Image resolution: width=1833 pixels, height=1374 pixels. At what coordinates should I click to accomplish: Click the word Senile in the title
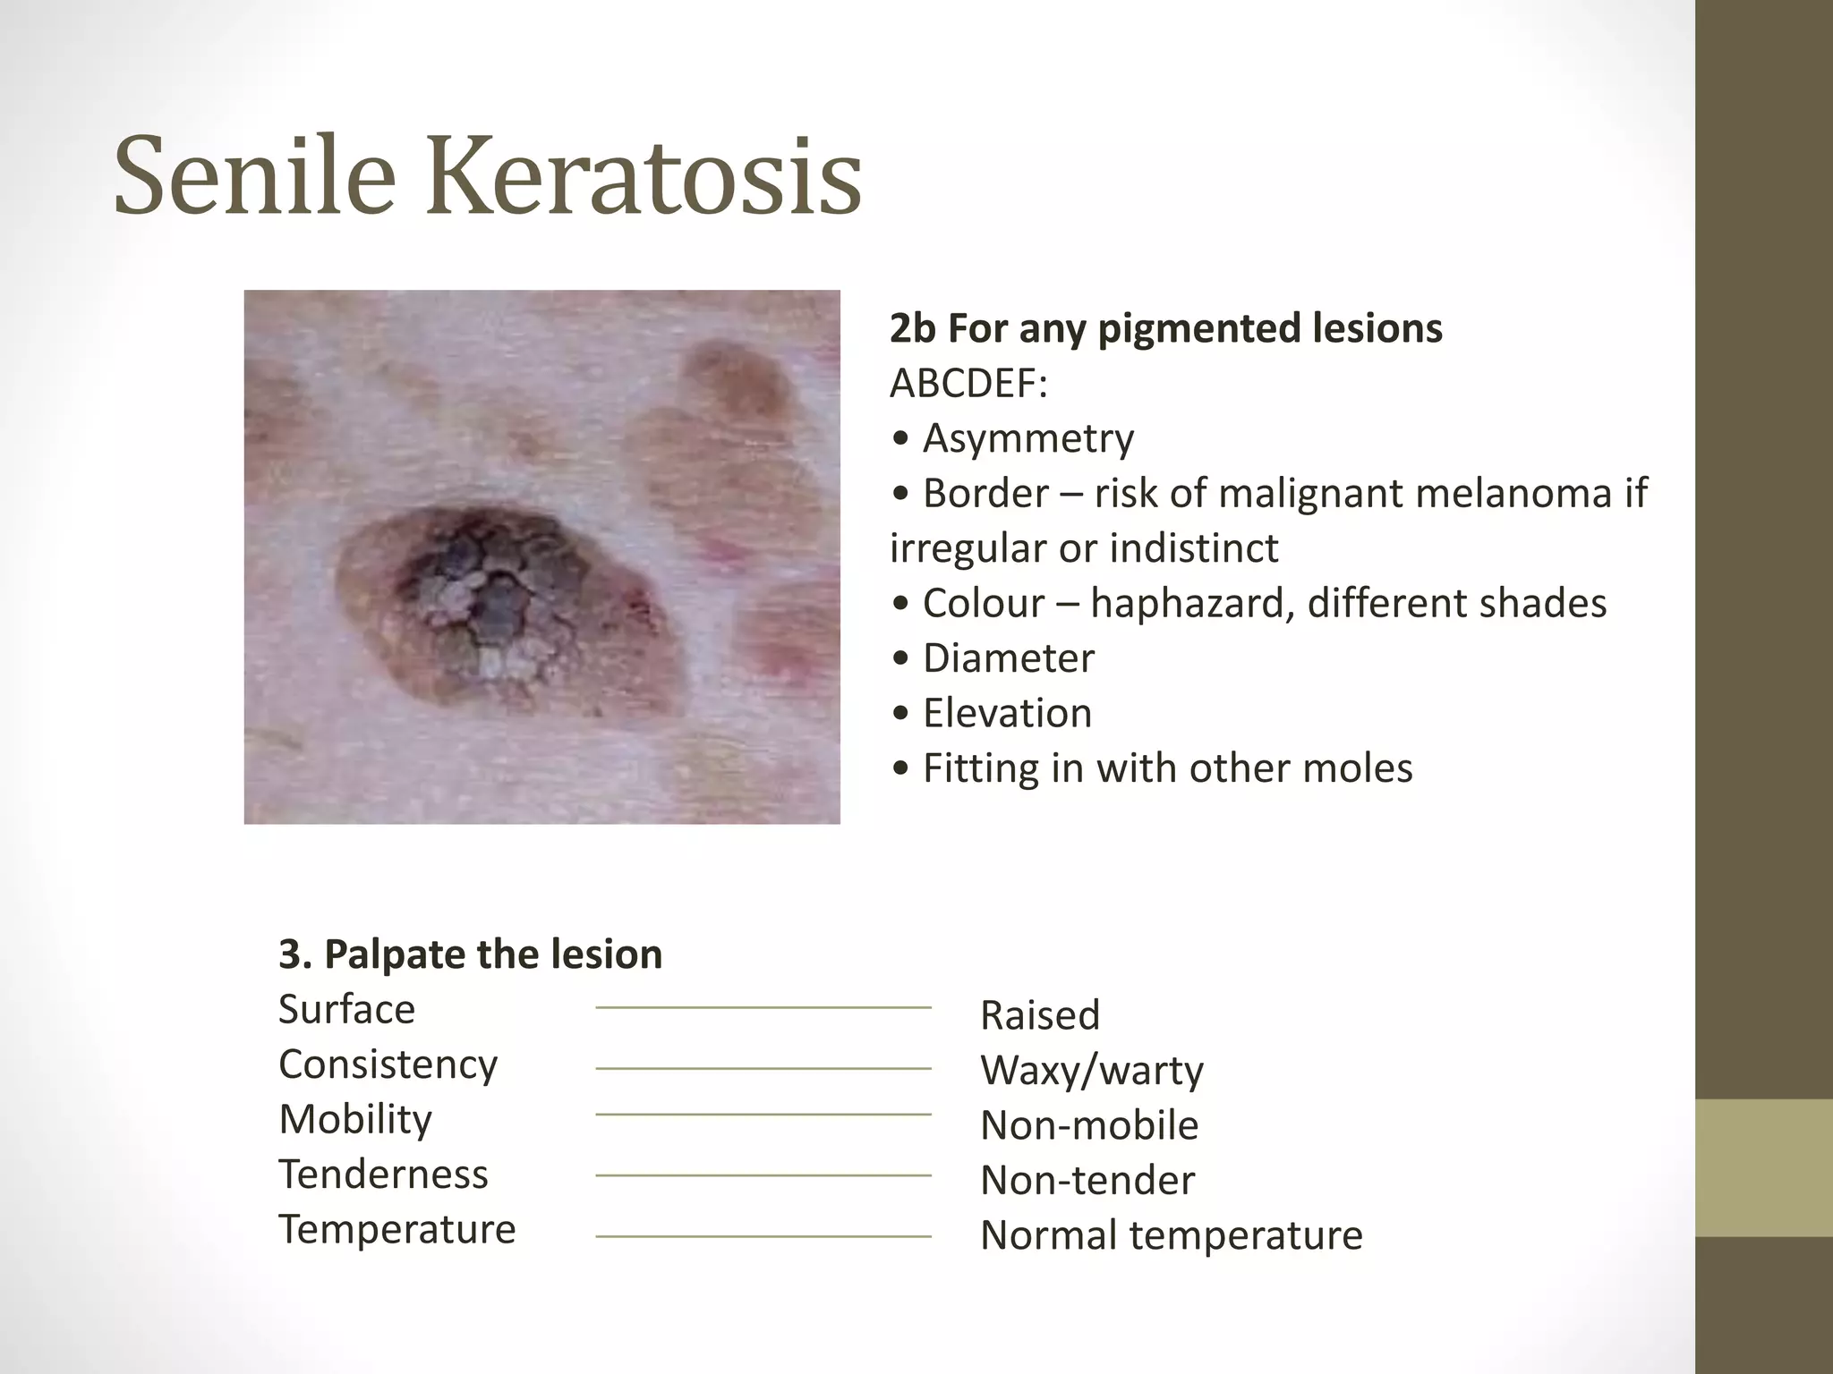(x=254, y=175)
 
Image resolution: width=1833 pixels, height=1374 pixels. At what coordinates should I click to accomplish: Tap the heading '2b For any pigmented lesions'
(x=1165, y=328)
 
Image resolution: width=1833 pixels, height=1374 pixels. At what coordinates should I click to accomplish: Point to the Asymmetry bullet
(x=1027, y=438)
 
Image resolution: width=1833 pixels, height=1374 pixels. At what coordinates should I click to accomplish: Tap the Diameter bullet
(x=1008, y=658)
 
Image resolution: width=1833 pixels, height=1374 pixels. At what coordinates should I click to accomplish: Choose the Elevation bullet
(x=1007, y=714)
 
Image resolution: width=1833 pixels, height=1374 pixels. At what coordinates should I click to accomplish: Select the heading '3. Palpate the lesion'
(x=470, y=954)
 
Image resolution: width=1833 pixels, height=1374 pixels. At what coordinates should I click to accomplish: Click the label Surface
(x=346, y=1010)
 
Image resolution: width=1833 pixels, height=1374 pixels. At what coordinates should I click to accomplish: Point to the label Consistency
(x=388, y=1064)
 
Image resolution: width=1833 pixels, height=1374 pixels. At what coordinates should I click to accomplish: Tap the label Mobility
(x=355, y=1120)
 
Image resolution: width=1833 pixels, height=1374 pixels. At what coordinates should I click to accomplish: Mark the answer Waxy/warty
(x=1092, y=1071)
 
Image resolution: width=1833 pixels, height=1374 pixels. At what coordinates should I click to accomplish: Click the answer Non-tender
(x=1087, y=1181)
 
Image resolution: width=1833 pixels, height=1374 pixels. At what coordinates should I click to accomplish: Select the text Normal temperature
(x=1171, y=1235)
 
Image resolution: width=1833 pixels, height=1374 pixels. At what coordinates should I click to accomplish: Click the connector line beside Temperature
(x=763, y=1236)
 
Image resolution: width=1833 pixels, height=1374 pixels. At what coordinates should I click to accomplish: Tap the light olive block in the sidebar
(x=1764, y=1167)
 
